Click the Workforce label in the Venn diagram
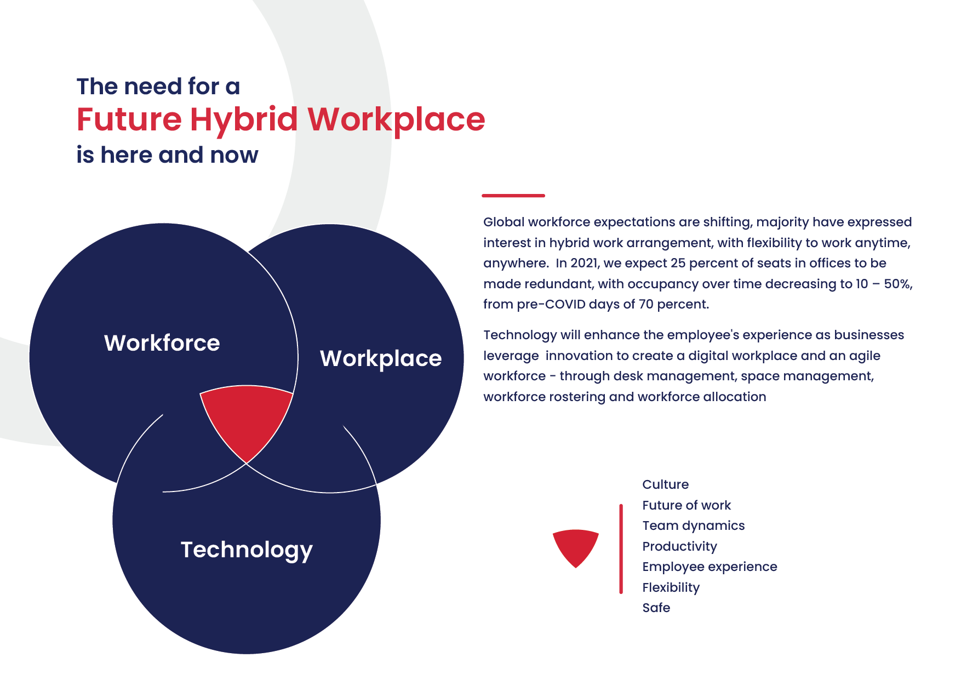point(162,343)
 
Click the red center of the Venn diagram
point(247,419)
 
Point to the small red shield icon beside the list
point(576,547)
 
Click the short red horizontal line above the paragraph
point(513,195)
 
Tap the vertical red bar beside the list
point(621,548)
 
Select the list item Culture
point(666,484)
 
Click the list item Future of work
point(687,505)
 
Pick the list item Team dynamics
point(694,526)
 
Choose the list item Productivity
point(679,547)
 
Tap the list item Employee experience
point(710,567)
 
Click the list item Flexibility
point(671,588)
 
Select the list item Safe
point(656,608)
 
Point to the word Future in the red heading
point(129,119)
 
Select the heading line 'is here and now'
point(167,155)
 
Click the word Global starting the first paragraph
point(504,222)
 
